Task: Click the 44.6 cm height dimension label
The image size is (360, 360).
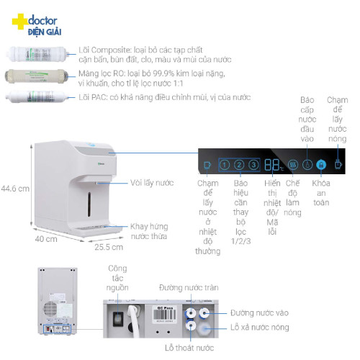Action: tap(15, 189)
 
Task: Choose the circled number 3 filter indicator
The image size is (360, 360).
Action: tap(253, 165)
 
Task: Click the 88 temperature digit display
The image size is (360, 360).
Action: tap(272, 165)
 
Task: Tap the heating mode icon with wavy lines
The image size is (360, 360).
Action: tap(292, 165)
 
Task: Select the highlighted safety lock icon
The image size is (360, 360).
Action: tap(321, 165)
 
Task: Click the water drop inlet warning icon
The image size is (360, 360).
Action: tap(307, 165)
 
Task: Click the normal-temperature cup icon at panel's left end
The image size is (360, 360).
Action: tap(208, 165)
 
